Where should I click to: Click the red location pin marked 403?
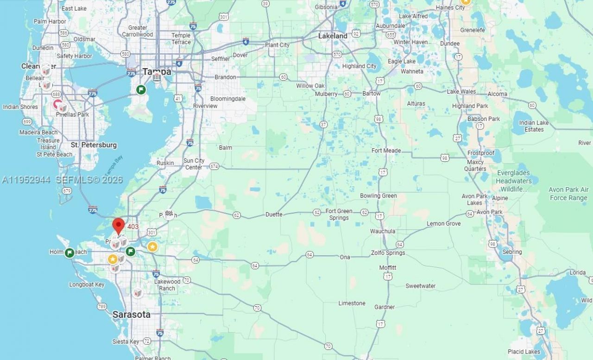[119, 226]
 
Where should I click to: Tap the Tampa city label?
[157, 71]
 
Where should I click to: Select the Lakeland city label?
[333, 36]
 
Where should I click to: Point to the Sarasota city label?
[132, 315]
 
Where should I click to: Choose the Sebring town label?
[512, 252]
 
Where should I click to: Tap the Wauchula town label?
[383, 231]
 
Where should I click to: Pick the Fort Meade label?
[386, 151]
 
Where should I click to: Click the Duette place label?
[274, 215]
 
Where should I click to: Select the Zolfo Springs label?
[388, 253]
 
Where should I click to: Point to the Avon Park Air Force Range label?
[568, 194]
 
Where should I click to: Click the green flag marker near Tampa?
[141, 89]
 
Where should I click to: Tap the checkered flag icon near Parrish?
[169, 214]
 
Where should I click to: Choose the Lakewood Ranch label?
[167, 285]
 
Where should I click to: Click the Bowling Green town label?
[378, 196]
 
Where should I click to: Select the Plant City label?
[277, 45]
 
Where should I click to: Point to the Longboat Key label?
[87, 284]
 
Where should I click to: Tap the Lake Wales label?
[461, 92]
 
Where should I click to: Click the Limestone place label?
[352, 303]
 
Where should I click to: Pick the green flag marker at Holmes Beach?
[69, 253]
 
